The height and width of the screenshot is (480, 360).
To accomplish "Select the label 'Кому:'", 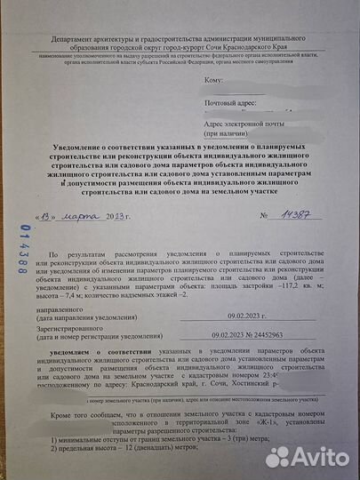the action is coord(212,81).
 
